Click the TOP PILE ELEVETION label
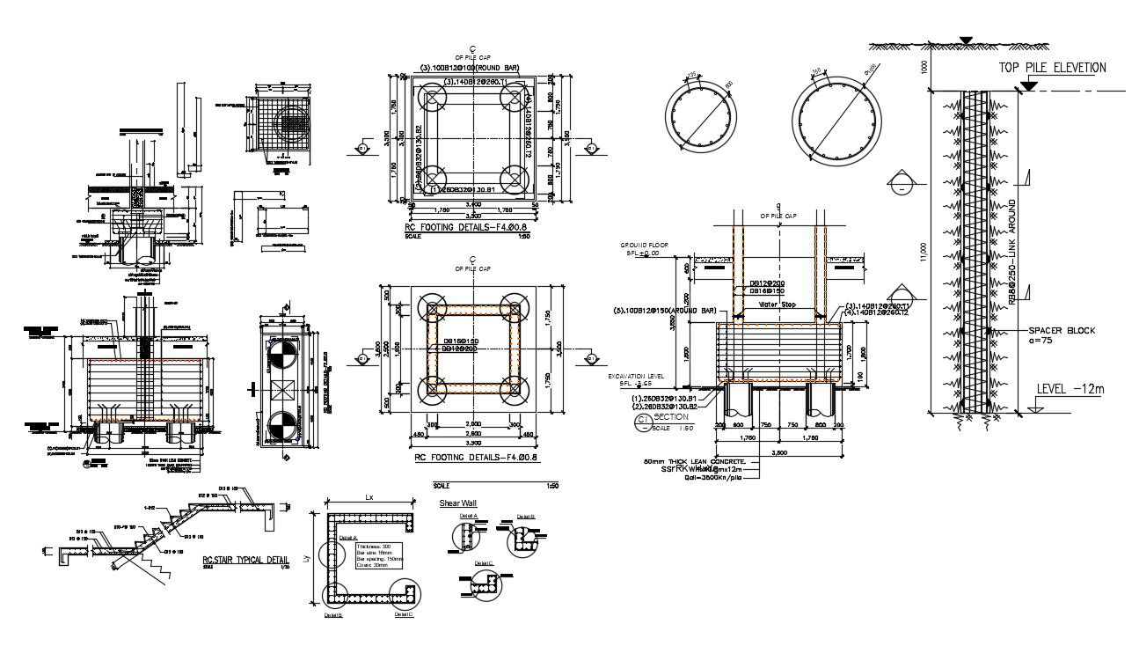[x=1052, y=68]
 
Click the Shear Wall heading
[x=456, y=503]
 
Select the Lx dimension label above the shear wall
[x=369, y=498]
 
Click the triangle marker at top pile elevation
[x=1026, y=85]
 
